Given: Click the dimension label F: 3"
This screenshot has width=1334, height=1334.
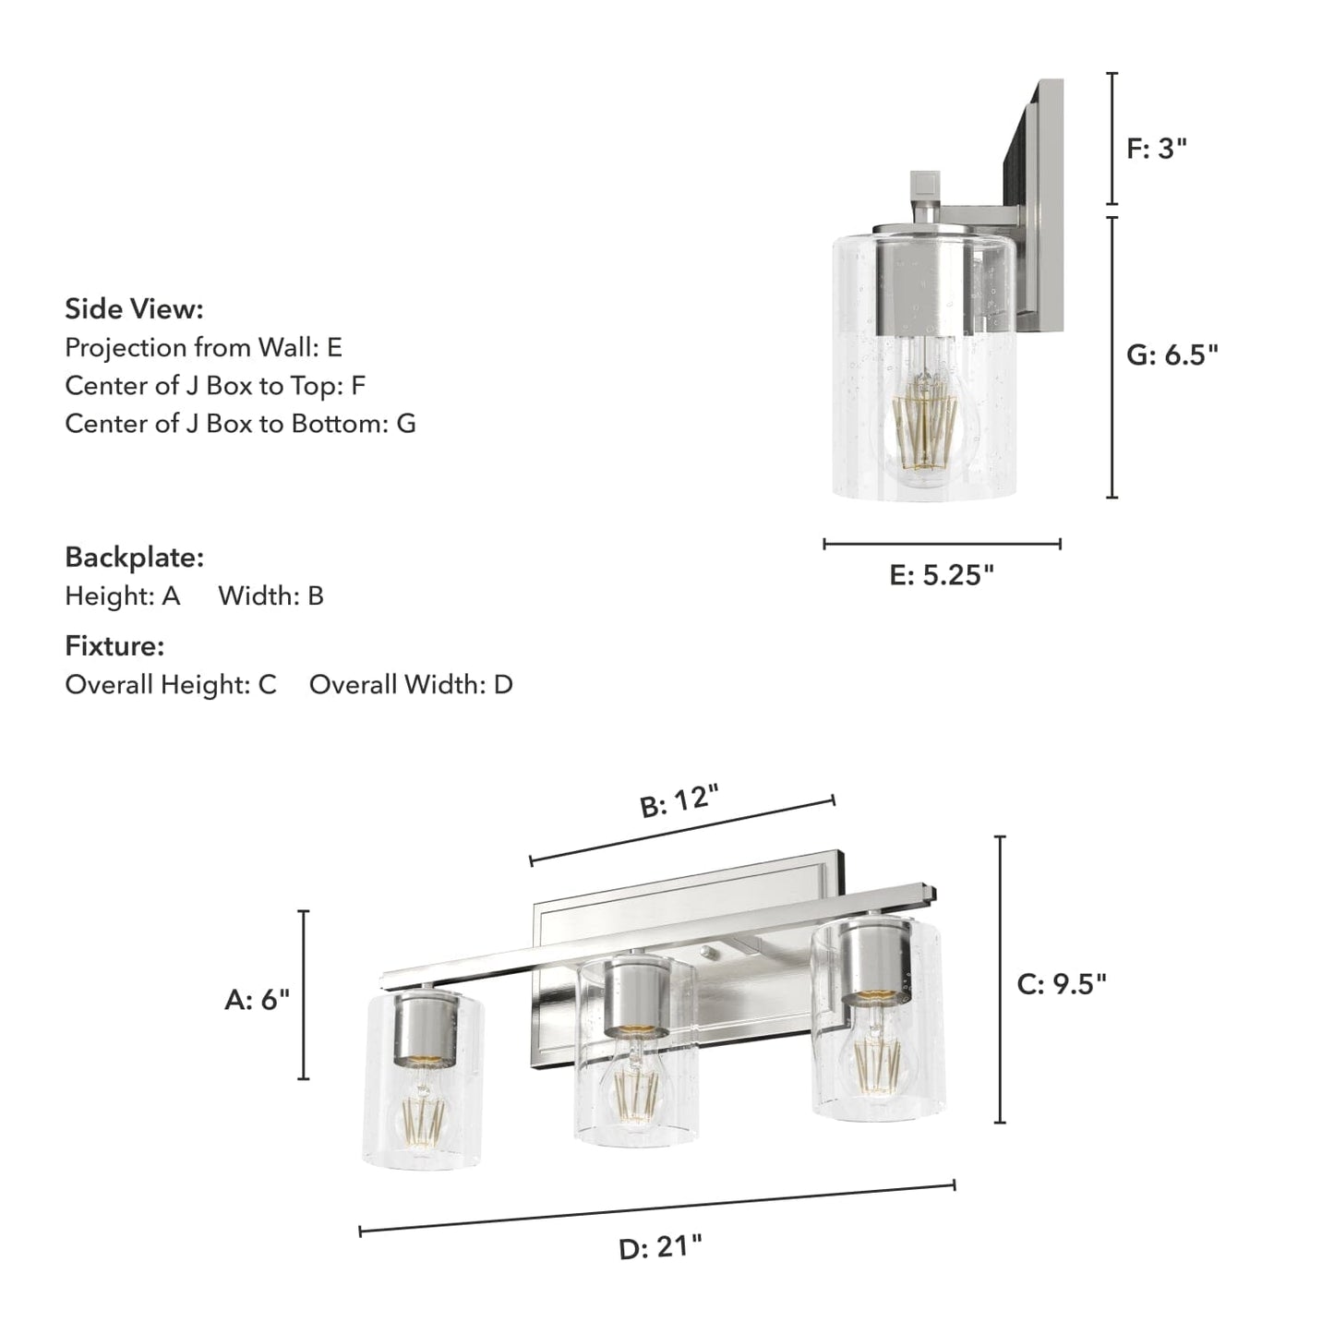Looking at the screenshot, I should tap(1156, 148).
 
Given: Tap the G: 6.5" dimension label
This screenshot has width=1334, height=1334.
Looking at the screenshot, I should tap(1172, 355).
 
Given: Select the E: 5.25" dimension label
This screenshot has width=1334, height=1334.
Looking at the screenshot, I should tap(942, 575).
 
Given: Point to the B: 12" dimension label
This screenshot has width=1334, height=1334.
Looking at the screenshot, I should tap(679, 800).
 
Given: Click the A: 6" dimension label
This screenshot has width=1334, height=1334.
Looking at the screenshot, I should tap(257, 999).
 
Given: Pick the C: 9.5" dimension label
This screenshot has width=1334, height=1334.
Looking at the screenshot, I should tap(1061, 984).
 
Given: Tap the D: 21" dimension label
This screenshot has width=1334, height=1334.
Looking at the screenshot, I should tap(660, 1248).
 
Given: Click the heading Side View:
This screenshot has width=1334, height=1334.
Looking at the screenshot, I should tap(134, 309).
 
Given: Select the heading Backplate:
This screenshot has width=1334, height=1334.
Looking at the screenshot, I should tap(134, 558).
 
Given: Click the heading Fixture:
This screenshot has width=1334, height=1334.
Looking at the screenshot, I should tap(114, 646).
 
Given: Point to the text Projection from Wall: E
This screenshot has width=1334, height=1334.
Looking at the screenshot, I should tap(203, 348).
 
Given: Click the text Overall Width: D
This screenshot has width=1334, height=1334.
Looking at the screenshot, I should tap(411, 685).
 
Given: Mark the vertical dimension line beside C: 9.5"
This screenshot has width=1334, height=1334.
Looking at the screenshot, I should tap(1000, 979).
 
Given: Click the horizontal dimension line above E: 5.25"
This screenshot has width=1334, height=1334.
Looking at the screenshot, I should tap(942, 544).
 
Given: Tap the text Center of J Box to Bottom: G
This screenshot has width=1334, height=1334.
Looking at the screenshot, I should tap(240, 424).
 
